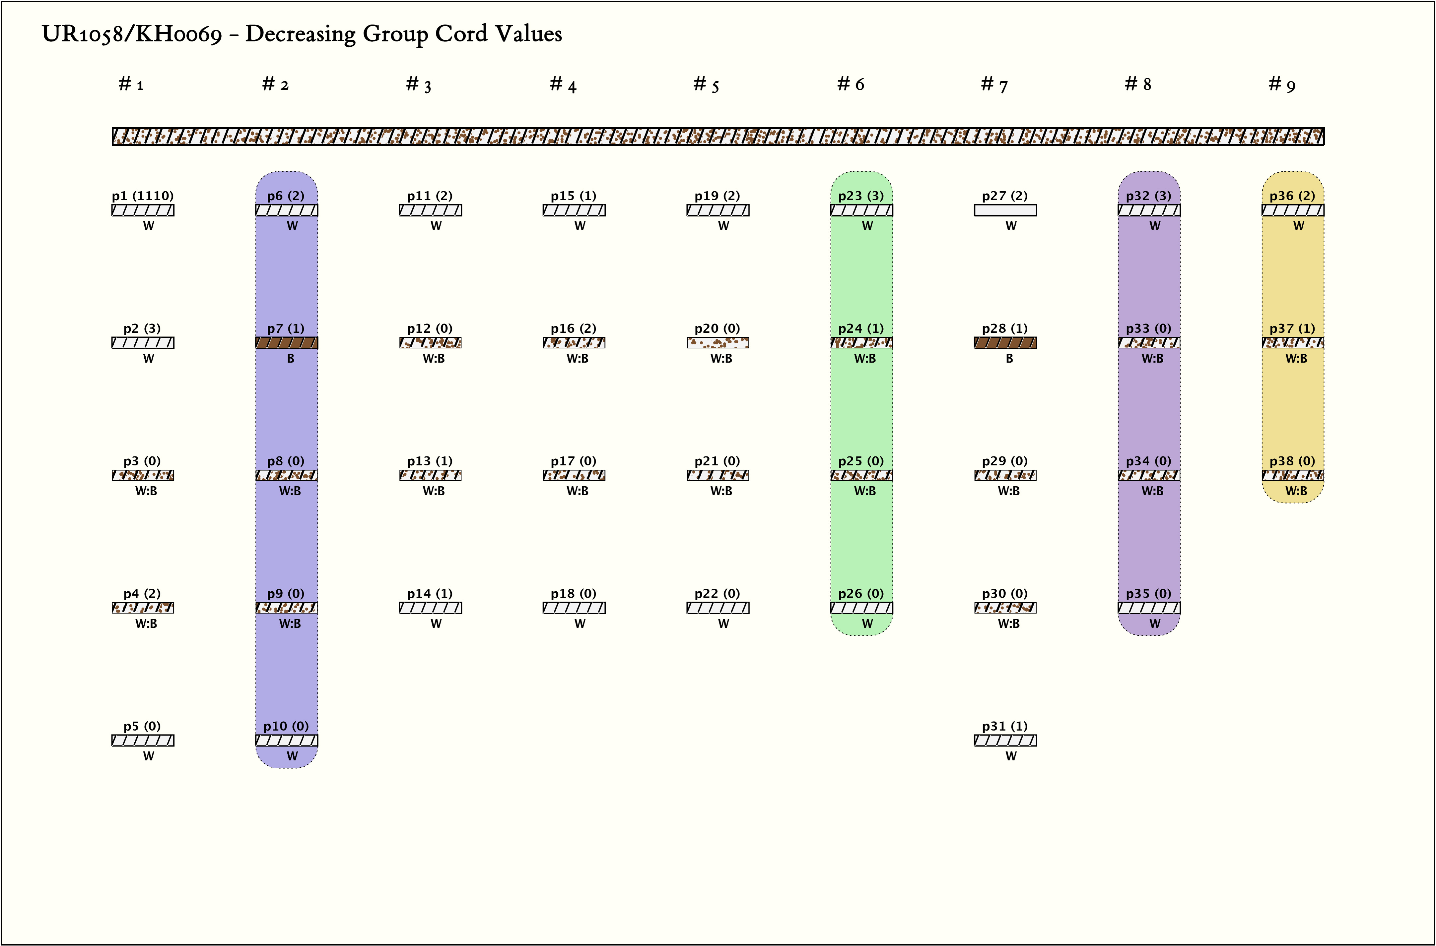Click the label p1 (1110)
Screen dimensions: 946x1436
click(x=142, y=196)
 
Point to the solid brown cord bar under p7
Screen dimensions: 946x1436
click(x=287, y=343)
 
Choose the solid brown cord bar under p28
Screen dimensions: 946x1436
click(x=1005, y=343)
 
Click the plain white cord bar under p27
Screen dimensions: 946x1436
click(x=1005, y=210)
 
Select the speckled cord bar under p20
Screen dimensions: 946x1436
click(x=718, y=343)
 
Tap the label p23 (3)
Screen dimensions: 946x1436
click(x=861, y=196)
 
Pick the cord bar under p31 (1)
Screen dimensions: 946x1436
click(x=1005, y=740)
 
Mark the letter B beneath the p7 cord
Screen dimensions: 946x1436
click(x=290, y=358)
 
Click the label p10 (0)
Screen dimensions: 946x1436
click(x=286, y=726)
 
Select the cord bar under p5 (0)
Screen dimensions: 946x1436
click(x=142, y=740)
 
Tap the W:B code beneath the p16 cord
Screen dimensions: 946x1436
click(x=577, y=358)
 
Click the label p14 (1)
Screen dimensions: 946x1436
click(x=430, y=594)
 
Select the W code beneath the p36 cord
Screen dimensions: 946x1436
click(x=1298, y=226)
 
